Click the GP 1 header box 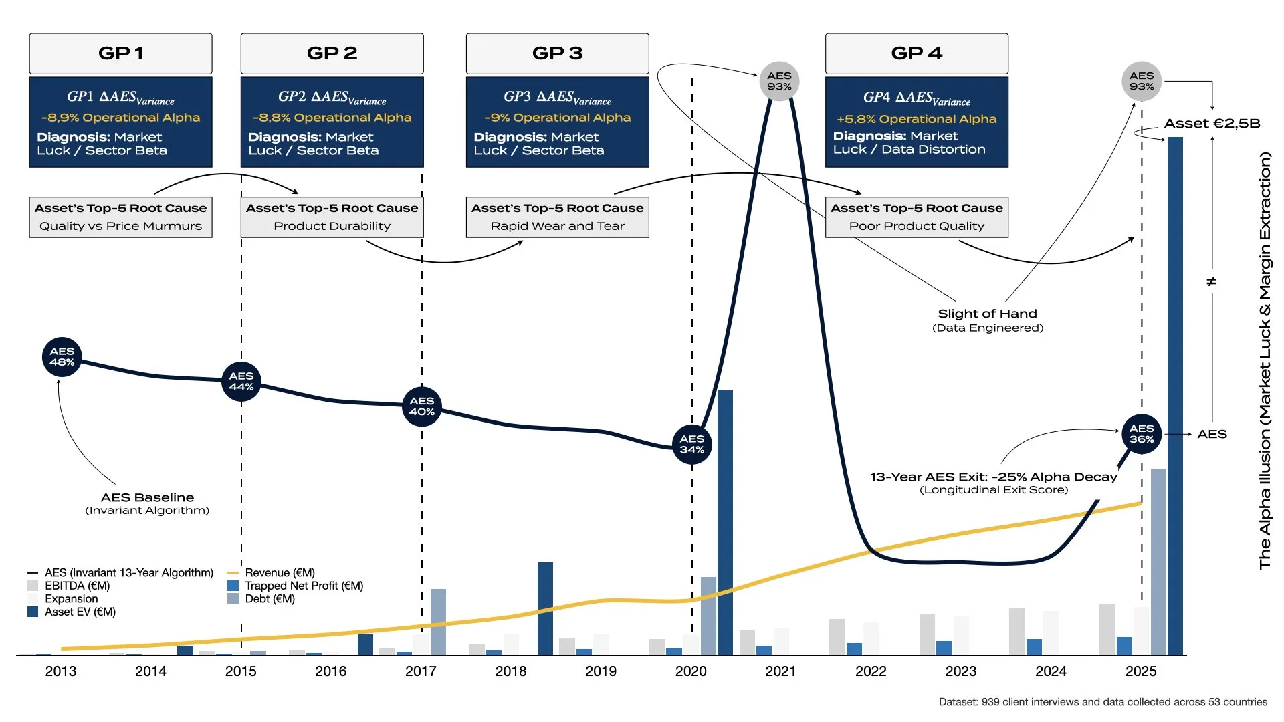tap(120, 53)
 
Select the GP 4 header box tap(916, 53)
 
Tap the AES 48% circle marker tap(62, 357)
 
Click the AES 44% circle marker tap(241, 381)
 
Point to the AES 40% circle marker tap(422, 406)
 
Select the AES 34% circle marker tap(692, 444)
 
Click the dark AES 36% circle tap(1142, 433)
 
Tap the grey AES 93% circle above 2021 tap(779, 81)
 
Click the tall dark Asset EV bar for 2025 tap(1175, 394)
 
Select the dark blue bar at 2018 tap(545, 608)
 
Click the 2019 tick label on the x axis tap(601, 671)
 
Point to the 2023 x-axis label tap(960, 671)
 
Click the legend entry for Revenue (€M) tap(279, 573)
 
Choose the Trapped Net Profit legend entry tap(304, 586)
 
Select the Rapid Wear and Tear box tap(557, 218)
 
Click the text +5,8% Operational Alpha tap(916, 119)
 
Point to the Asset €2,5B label tap(1212, 124)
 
